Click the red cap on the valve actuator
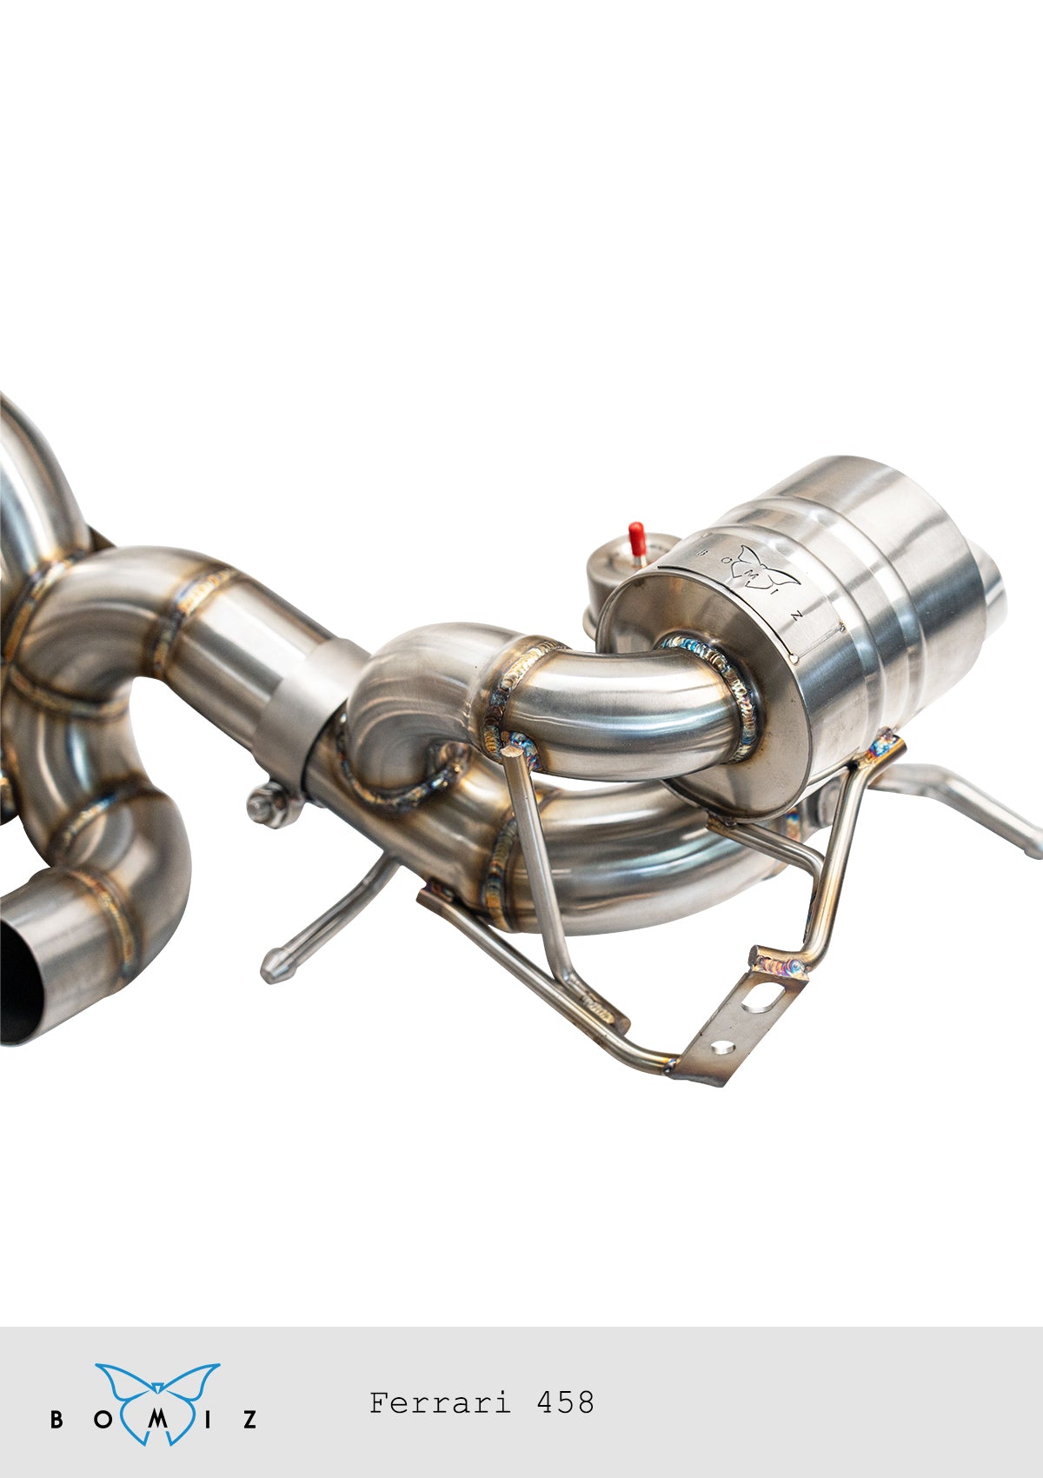click(636, 538)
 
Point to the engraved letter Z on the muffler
click(797, 616)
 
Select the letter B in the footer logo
click(56, 1419)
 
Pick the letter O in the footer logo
click(103, 1419)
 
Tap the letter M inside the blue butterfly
click(157, 1419)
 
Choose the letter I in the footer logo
click(208, 1419)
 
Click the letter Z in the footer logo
click(250, 1419)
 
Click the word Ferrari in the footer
click(440, 1402)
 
